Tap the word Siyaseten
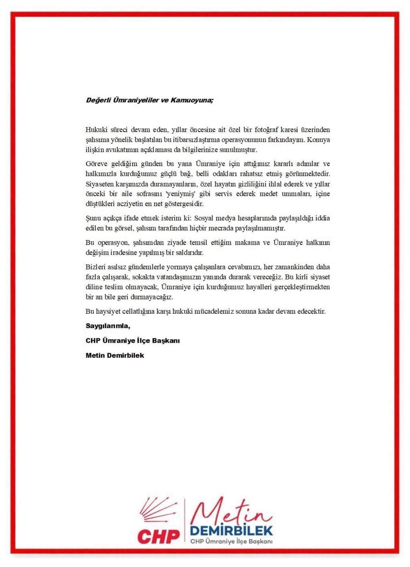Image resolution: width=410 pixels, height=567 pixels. pos(99,184)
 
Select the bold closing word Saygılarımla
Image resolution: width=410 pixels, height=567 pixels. pos(108,326)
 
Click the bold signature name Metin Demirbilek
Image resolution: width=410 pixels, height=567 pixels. pos(115,355)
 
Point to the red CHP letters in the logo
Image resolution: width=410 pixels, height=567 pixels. pos(159,536)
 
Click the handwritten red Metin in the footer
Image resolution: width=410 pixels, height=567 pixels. pos(230,513)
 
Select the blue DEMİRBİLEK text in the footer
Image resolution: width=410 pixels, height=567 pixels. pos(231,530)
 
